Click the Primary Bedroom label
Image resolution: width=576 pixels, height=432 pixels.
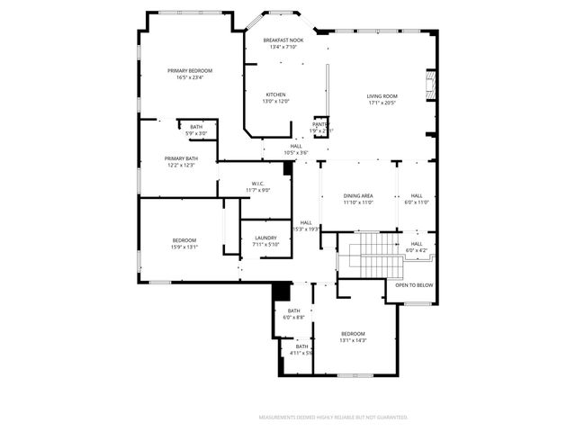tap(190, 70)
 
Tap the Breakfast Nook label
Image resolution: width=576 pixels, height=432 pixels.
tap(283, 40)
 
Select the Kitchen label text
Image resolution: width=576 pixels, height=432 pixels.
tap(275, 94)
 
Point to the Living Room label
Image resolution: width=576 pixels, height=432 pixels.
tap(382, 96)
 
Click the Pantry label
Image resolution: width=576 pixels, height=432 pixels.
tap(319, 124)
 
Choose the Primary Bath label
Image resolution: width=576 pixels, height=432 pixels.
tap(180, 158)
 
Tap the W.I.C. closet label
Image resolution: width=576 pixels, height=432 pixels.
tap(256, 184)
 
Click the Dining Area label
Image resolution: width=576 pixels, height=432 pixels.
tap(357, 195)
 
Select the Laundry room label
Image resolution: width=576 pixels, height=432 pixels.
tap(265, 238)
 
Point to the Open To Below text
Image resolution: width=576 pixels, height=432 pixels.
tap(414, 285)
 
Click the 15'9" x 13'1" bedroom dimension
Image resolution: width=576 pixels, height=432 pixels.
tap(184, 247)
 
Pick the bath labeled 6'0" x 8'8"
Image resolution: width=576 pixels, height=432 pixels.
tap(294, 311)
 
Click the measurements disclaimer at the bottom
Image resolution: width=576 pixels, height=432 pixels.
tap(334, 418)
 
